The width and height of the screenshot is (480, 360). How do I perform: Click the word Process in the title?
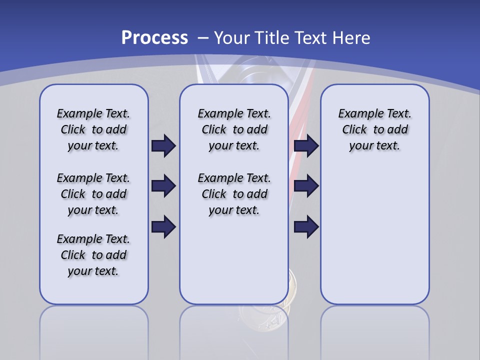pos(154,37)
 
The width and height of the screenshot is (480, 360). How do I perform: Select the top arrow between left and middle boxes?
pos(163,145)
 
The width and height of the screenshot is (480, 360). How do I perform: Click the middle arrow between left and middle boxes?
pos(163,186)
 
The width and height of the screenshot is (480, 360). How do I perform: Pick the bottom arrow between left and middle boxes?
pos(163,226)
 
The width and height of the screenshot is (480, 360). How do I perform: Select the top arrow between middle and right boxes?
pos(306,145)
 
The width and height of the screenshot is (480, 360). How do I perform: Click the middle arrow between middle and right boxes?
pos(306,186)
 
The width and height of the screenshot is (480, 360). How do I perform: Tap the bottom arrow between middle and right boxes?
pos(306,226)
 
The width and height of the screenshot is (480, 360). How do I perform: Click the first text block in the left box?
pos(93,129)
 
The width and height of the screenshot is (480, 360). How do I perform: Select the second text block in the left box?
pos(93,194)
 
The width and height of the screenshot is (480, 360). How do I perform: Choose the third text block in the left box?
pos(93,255)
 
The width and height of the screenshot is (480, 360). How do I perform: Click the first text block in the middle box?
pos(234,129)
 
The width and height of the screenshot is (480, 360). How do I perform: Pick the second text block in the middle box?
pos(234,194)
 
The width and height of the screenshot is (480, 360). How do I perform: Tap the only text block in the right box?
pos(374,129)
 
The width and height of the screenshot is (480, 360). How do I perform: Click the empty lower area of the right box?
pos(374,240)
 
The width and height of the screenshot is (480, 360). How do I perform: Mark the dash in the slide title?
pos(203,38)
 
